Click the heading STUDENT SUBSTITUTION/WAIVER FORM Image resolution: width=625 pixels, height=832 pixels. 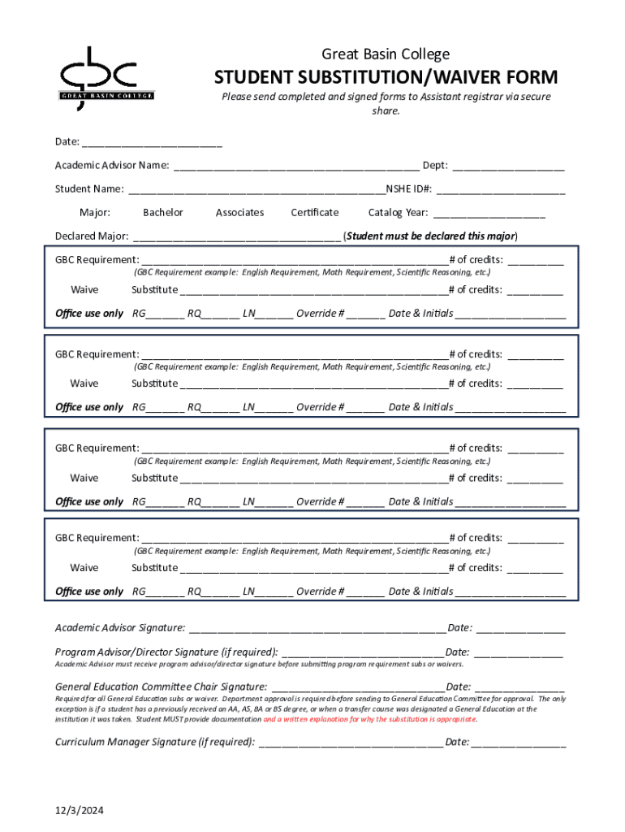tap(386, 78)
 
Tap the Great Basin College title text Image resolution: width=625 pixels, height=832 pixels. tap(386, 54)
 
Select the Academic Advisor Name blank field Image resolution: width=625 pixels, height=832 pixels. tap(296, 167)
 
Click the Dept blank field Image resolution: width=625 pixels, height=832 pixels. tap(508, 167)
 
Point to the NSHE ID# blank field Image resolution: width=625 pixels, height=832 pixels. tap(500, 190)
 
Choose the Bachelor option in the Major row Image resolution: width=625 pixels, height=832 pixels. tap(163, 213)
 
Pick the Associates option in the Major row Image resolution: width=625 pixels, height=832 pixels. tap(239, 213)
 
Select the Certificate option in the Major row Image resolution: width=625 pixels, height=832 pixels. tap(314, 213)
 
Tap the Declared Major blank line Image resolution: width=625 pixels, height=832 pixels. tap(236, 237)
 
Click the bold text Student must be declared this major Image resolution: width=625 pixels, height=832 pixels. tap(431, 236)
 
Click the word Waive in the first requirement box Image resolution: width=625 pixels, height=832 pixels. tap(84, 290)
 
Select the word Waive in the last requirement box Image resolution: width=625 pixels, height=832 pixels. tap(84, 568)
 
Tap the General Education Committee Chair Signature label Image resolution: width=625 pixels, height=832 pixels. tap(161, 687)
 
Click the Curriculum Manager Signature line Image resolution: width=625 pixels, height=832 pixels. tap(350, 743)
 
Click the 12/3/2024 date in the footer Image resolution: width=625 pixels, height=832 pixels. tap(80, 811)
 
